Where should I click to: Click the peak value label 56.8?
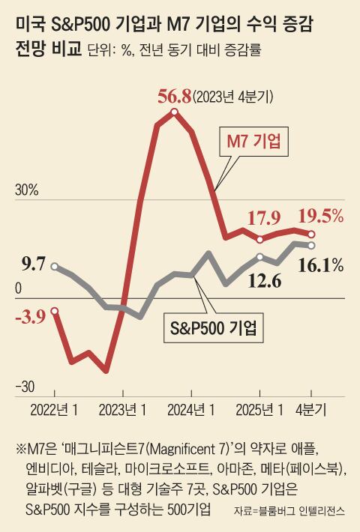(x=174, y=97)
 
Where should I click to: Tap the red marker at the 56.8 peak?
(x=174, y=113)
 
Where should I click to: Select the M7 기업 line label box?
(x=260, y=142)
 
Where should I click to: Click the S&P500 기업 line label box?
(x=210, y=327)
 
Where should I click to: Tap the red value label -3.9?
(x=30, y=316)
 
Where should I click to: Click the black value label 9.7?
(x=34, y=263)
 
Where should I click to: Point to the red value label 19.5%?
(x=321, y=217)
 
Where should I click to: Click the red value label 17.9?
(x=264, y=218)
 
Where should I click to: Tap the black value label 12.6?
(x=264, y=282)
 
